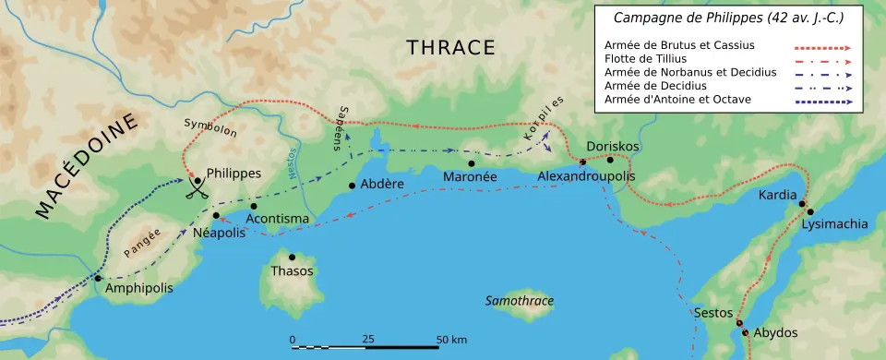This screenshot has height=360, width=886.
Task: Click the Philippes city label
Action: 234,174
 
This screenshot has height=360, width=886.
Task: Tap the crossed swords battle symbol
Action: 196,189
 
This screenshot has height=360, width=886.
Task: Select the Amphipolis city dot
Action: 97,278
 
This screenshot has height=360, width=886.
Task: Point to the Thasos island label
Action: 292,271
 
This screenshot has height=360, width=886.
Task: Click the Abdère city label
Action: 381,184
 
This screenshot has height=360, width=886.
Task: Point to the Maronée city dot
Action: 472,163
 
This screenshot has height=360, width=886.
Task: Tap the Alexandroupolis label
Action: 582,176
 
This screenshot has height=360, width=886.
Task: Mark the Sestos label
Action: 712,313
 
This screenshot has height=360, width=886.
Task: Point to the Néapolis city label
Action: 220,233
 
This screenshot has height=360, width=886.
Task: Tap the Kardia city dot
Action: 802,204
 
